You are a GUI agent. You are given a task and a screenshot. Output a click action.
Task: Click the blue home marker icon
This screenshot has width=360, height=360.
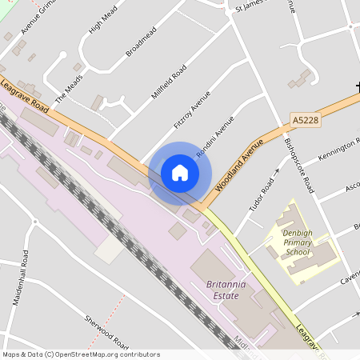pyautogui.click(x=180, y=173)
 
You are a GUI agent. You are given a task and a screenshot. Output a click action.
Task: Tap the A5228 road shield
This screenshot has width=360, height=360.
pyautogui.click(x=305, y=120)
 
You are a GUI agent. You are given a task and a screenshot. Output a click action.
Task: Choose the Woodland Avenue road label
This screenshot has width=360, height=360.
pyautogui.click(x=239, y=166)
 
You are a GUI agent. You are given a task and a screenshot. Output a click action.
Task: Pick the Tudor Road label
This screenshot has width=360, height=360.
pyautogui.click(x=261, y=196)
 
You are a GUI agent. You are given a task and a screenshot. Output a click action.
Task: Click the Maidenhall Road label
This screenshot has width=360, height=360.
pyautogui.click(x=25, y=270)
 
